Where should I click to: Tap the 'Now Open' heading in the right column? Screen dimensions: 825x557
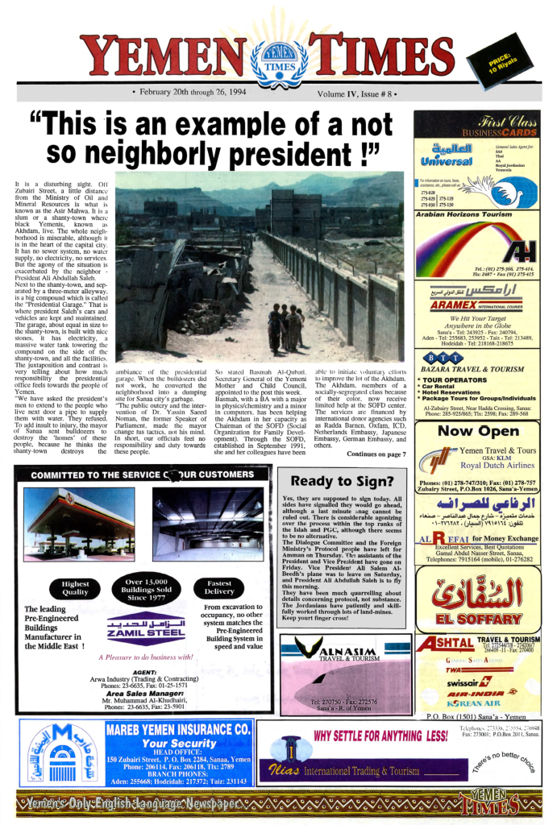[x=477, y=431]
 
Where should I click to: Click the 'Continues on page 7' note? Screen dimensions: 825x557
[x=376, y=454]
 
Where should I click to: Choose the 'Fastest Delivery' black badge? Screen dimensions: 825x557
[x=219, y=588]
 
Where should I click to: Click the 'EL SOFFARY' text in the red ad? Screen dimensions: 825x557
[x=477, y=620]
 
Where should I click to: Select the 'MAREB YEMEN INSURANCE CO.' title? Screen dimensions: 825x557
[x=179, y=730]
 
